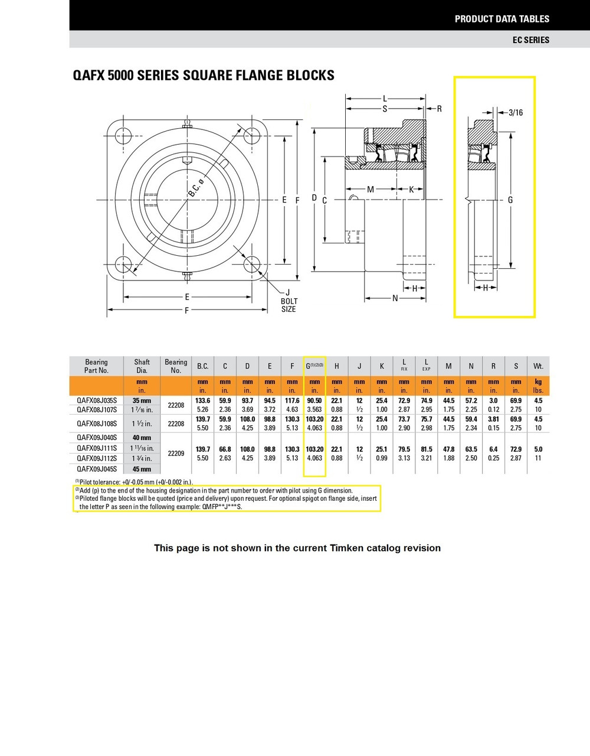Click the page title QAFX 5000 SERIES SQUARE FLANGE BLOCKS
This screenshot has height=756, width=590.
click(x=203, y=76)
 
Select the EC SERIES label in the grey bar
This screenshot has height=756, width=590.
click(x=530, y=40)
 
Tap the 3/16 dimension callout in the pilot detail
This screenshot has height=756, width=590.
click(x=516, y=112)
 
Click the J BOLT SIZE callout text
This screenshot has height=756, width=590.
click(x=289, y=301)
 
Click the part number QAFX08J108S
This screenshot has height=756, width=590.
click(x=97, y=423)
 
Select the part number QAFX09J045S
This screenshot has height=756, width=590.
click(x=97, y=469)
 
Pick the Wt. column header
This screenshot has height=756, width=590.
click(x=537, y=366)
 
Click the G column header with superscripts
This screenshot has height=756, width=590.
click(x=314, y=366)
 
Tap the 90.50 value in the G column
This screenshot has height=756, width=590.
click(x=314, y=400)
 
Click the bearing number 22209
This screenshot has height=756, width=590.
click(x=176, y=454)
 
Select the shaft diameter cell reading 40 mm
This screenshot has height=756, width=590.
click(x=142, y=438)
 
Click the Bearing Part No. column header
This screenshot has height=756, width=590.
click(x=96, y=366)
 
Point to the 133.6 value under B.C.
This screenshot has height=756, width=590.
click(x=202, y=400)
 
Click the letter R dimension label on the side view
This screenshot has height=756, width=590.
click(x=439, y=109)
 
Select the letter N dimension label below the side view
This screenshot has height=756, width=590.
click(x=395, y=298)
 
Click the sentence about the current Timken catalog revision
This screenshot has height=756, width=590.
click(x=297, y=548)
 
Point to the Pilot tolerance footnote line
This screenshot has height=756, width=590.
click(x=134, y=482)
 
